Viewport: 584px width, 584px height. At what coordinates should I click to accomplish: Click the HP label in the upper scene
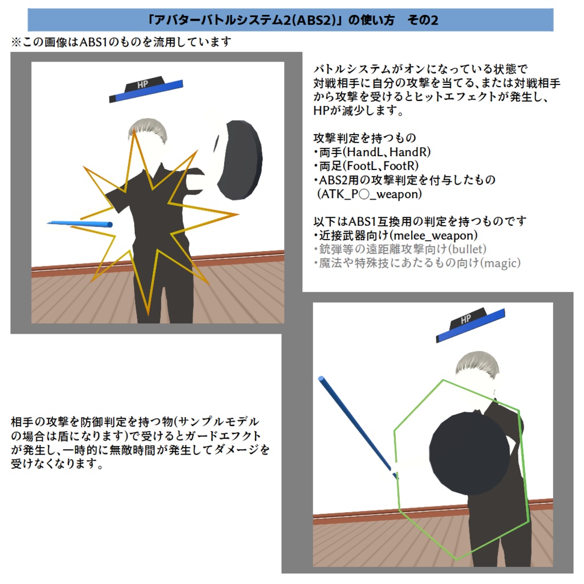tap(143, 84)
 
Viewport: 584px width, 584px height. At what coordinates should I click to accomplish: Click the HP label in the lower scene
tap(465, 319)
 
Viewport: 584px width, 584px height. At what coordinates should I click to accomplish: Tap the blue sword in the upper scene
tap(80, 224)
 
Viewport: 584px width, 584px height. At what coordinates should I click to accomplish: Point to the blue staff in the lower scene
tap(358, 428)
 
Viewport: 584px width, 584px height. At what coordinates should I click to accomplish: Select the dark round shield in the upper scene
tap(238, 160)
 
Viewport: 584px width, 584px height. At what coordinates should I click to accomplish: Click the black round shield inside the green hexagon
tap(469, 453)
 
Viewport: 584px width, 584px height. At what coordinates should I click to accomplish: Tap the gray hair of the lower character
tap(477, 363)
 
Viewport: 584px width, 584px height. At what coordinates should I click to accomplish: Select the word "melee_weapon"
tap(435, 236)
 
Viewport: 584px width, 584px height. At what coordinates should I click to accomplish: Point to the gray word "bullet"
tap(467, 249)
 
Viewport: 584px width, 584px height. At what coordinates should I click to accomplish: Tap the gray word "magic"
tap(500, 263)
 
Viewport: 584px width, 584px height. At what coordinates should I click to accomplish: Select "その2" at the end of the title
tap(423, 20)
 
